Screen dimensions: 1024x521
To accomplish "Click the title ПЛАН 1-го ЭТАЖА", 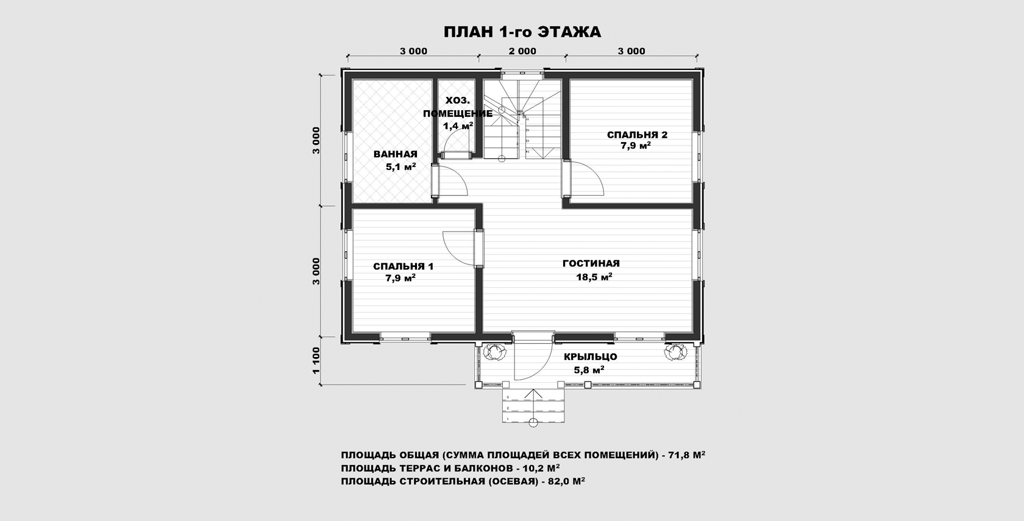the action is point(522,32).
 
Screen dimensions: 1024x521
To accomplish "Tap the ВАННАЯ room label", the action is point(396,154).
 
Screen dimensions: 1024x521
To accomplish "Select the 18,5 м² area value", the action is point(594,277).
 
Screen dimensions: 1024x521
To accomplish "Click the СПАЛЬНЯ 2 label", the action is point(638,134).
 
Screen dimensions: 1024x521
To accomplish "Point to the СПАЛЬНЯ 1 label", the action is point(404,266).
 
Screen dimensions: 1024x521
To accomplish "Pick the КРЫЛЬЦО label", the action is point(590,356).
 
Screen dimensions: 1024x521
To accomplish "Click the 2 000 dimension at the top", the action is point(522,51).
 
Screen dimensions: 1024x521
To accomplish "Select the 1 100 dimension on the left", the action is point(316,361).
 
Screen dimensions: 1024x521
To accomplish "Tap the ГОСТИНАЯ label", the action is point(591,263).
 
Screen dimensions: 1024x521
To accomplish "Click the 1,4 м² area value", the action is point(458,126).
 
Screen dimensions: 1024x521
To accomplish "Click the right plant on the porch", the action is point(675,352).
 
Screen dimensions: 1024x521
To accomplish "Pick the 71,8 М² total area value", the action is point(686,455).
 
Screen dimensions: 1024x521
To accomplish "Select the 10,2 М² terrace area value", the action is point(542,468).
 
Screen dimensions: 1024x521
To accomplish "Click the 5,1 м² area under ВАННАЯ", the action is point(401,167).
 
